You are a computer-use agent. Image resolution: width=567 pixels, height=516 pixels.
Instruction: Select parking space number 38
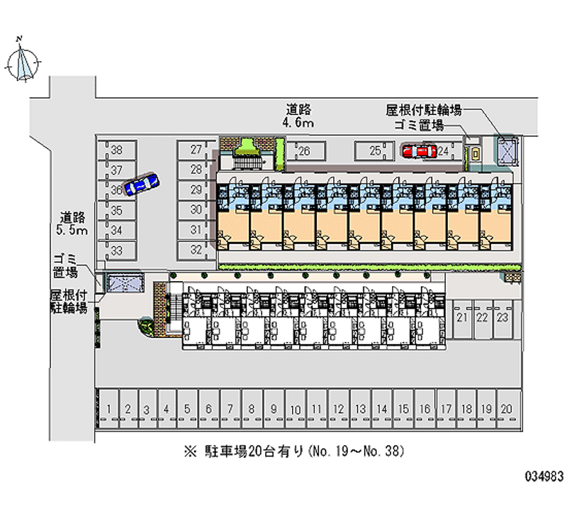tap(117, 150)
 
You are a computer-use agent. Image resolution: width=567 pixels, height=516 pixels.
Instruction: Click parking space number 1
tap(108, 409)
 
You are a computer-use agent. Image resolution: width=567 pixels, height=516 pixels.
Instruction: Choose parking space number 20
tap(505, 409)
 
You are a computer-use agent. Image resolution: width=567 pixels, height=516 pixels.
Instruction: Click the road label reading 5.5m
tap(73, 224)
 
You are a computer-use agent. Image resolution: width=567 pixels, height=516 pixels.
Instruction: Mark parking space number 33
tap(117, 250)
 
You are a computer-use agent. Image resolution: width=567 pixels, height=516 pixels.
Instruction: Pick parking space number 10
tap(296, 410)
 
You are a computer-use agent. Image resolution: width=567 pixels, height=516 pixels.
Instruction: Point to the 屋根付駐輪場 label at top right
tap(424, 110)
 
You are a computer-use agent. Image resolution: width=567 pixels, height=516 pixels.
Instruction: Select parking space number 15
tap(403, 409)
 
